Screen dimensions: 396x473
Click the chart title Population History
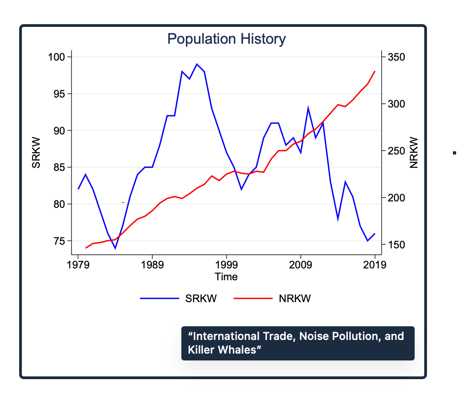point(226,39)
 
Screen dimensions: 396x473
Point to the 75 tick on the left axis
point(60,241)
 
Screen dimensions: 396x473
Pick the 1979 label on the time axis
point(78,265)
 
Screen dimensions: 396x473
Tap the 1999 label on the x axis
point(226,265)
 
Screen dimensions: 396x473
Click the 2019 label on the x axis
point(375,265)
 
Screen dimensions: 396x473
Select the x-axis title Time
point(226,277)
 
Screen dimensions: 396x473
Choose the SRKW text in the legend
point(201,299)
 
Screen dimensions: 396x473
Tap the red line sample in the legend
point(252,299)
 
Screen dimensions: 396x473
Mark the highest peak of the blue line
point(197,64)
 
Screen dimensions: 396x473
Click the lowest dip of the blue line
point(115,248)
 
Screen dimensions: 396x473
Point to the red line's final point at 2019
point(375,71)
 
